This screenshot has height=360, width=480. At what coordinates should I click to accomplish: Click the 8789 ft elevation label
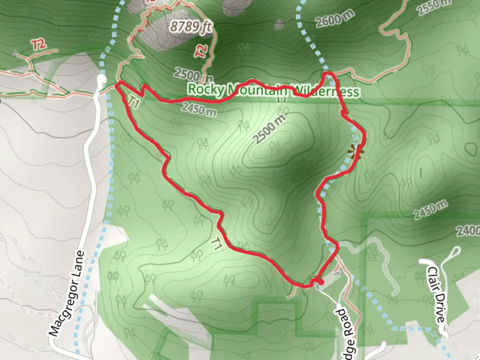coord(191,26)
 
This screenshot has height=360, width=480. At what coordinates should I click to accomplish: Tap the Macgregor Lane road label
coord(67,294)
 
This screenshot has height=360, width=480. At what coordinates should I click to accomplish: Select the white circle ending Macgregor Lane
coord(101,79)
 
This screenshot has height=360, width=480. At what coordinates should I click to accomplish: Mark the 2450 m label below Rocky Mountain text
coord(199,109)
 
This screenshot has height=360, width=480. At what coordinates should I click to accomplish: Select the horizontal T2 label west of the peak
coord(39,45)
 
